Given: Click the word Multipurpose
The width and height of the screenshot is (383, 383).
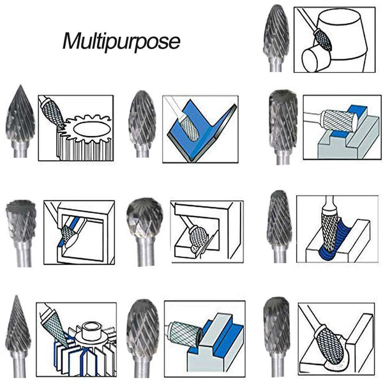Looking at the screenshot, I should [x=121, y=41].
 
